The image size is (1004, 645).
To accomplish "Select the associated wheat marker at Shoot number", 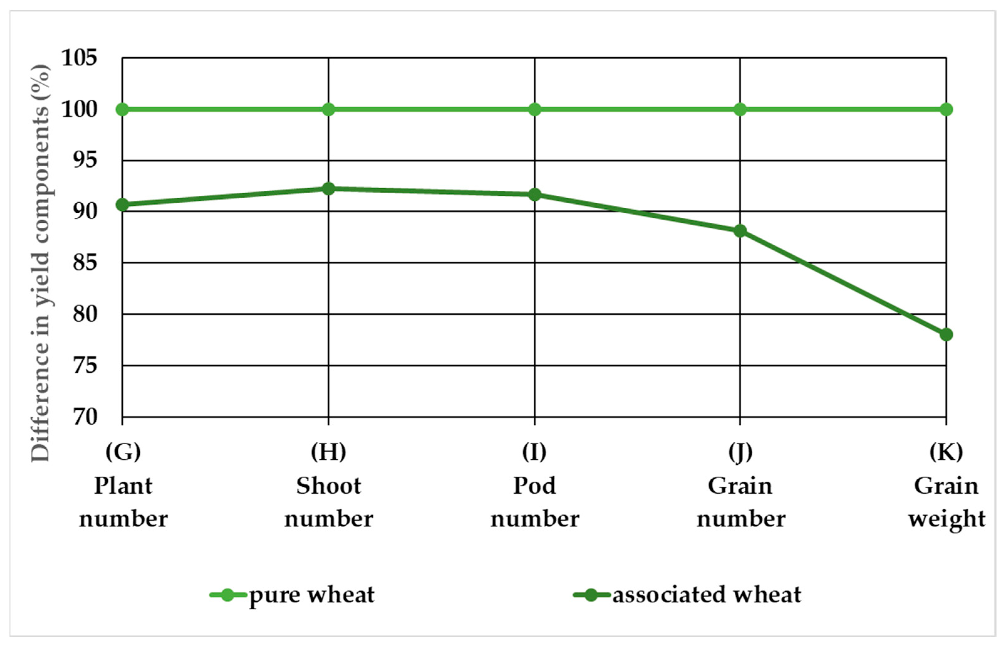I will pos(329,189).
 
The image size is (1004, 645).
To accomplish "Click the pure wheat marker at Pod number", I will pos(535,110).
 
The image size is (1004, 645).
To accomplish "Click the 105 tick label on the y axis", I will pos(79,58).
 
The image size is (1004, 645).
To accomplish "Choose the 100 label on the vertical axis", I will pos(79,110).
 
